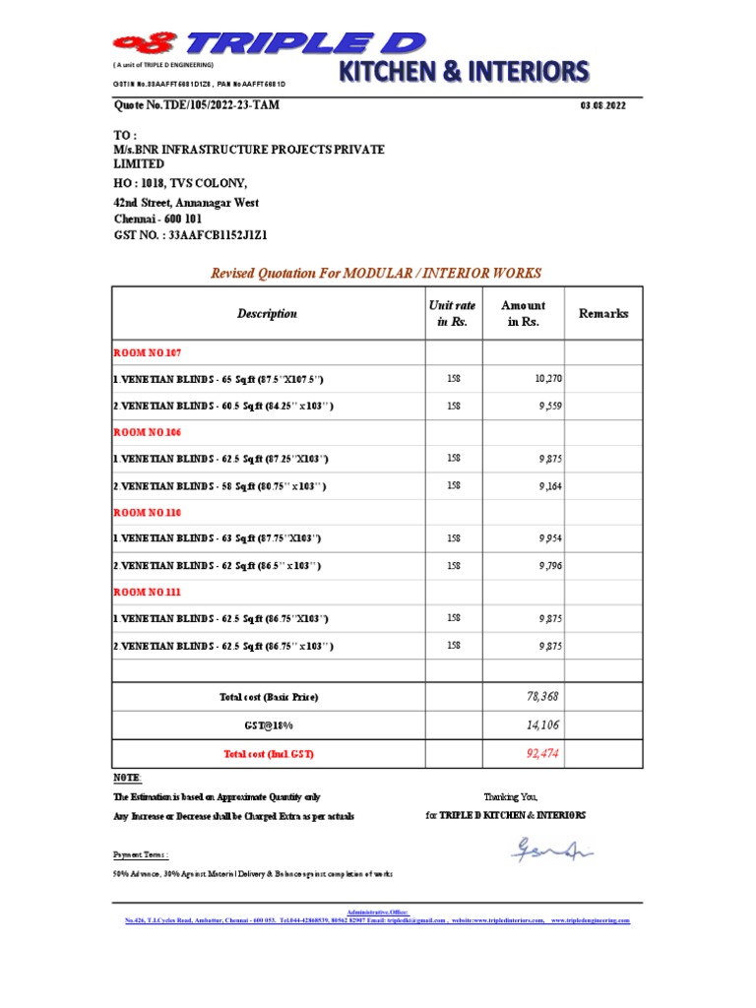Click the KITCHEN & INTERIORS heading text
coord(465,71)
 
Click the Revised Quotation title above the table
coord(376,273)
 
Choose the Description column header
coord(266,314)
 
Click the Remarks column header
coord(603,313)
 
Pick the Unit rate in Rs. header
coord(453,314)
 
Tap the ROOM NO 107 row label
coord(148,352)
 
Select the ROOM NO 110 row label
coord(148,513)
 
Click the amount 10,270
coord(546,379)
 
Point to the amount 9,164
coord(549,485)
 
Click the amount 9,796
coord(549,566)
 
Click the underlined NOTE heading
coord(127,778)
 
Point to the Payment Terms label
coord(141,855)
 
